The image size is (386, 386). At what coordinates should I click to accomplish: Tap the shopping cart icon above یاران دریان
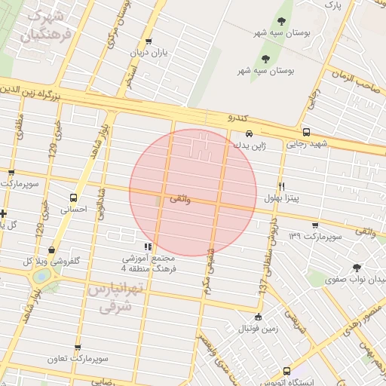(149, 41)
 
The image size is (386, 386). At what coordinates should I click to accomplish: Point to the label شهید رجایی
(312, 142)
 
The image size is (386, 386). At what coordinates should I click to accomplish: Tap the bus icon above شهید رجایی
(305, 130)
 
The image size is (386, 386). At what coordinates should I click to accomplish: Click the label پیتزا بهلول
(281, 198)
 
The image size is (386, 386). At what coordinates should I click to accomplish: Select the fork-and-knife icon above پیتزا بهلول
(282, 185)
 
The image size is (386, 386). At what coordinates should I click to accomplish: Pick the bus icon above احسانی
(73, 197)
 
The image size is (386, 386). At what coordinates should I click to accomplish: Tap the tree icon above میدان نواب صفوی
(356, 267)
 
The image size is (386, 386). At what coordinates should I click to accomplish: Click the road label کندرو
(237, 118)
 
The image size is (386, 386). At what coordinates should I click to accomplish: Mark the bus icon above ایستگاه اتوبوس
(286, 371)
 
